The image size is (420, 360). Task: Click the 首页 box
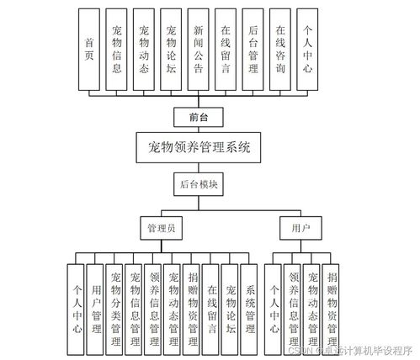click(90, 50)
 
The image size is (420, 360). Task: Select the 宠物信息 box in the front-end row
click(117, 50)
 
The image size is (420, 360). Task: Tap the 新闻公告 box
click(199, 50)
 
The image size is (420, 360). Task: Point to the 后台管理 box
click(253, 50)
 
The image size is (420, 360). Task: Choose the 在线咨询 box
click(280, 50)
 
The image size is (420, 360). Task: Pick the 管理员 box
click(163, 227)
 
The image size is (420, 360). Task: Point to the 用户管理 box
click(97, 304)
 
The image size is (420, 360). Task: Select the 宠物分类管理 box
click(115, 304)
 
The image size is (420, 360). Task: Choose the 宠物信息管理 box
click(135, 304)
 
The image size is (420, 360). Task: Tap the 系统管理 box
click(249, 304)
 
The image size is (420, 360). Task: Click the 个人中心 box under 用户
click(273, 304)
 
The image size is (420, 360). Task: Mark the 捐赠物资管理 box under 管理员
click(192, 304)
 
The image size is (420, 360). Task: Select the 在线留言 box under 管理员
click(211, 304)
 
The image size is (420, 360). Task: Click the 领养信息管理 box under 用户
click(293, 304)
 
